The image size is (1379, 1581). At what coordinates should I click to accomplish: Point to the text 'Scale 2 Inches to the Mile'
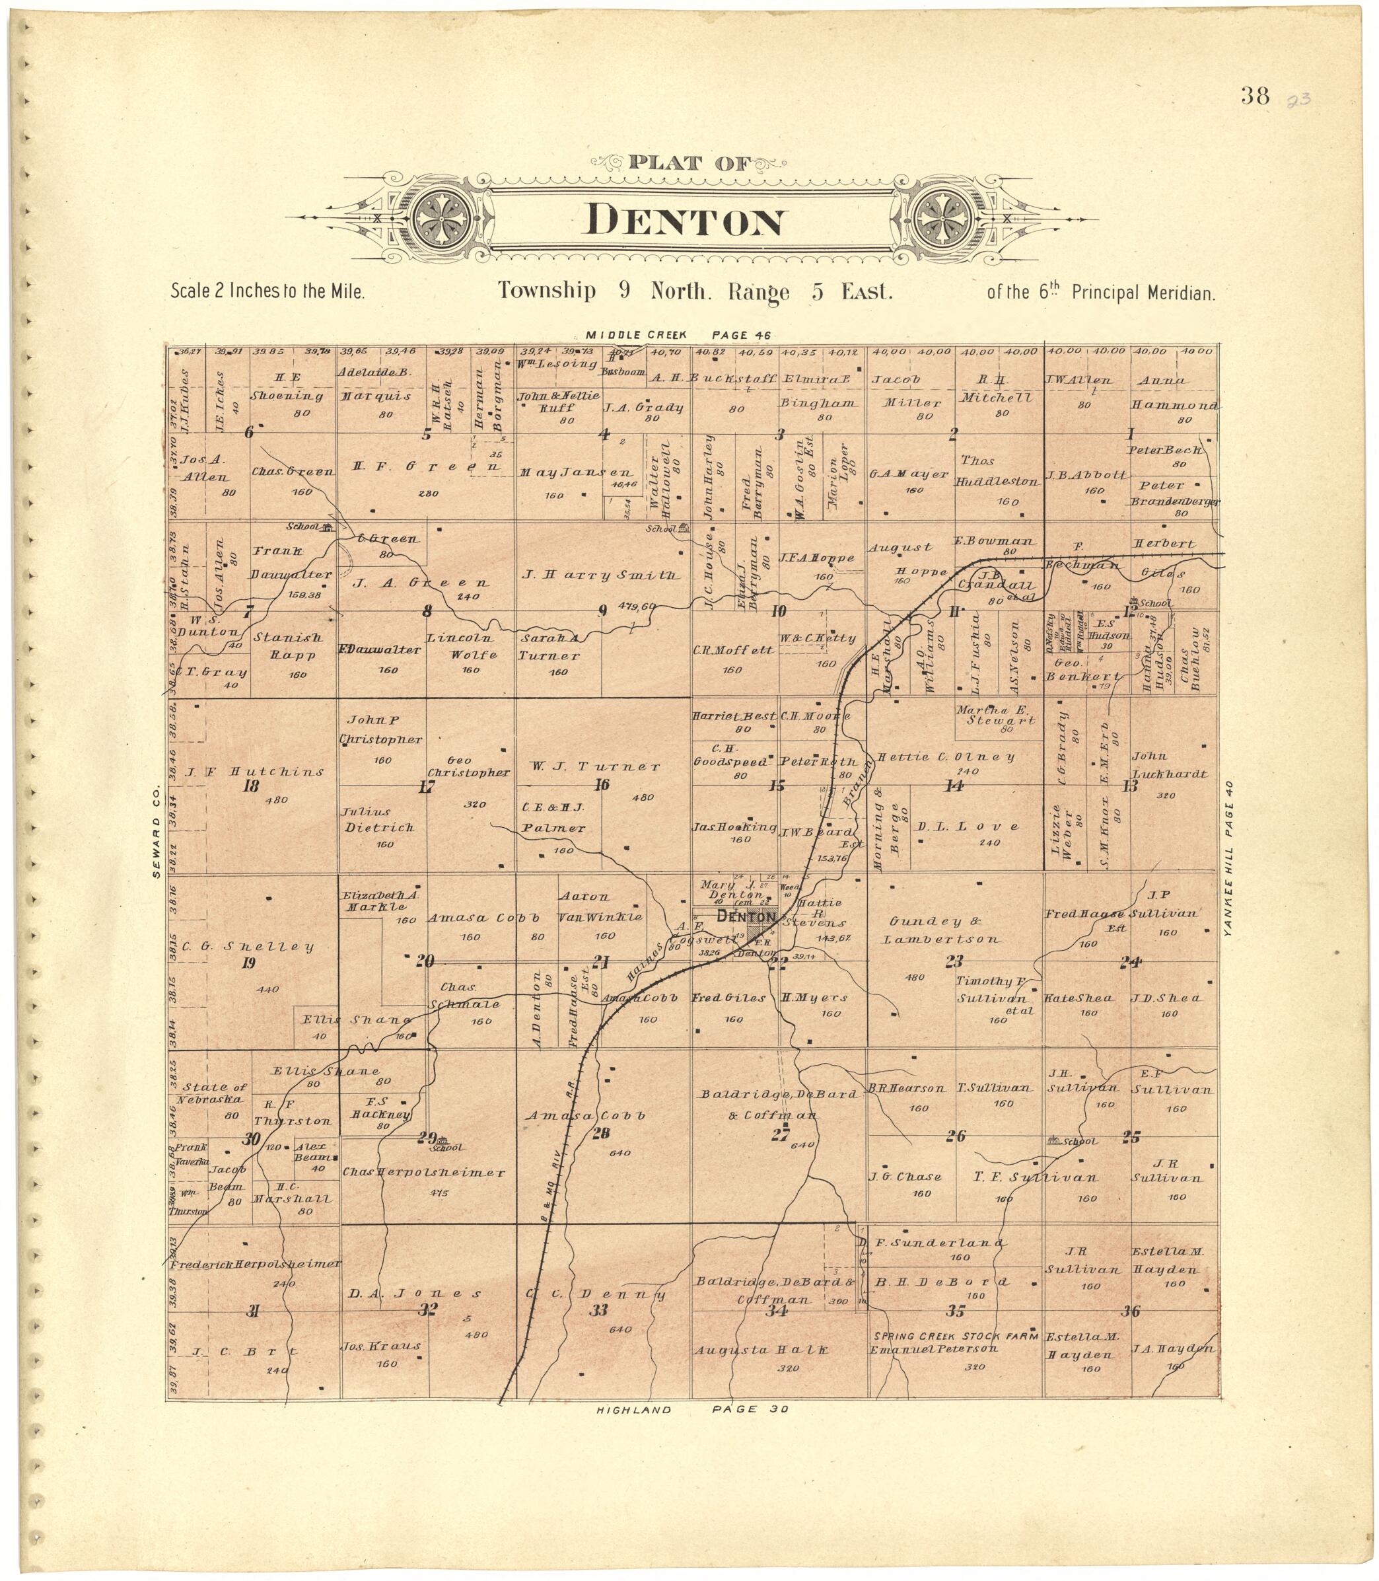267,293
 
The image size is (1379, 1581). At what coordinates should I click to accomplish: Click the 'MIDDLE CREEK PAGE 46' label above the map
677,335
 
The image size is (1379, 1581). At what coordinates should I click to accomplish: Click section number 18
250,786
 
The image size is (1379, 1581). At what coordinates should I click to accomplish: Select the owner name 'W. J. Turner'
595,766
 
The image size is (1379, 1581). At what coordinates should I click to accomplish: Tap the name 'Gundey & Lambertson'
944,931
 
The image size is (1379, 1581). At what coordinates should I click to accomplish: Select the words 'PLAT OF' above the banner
676,163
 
